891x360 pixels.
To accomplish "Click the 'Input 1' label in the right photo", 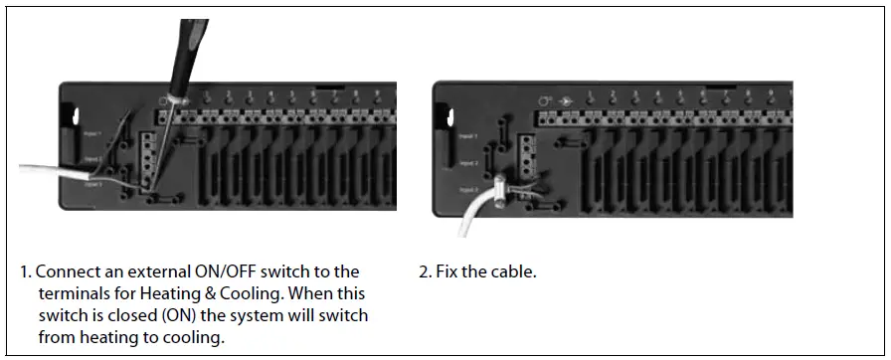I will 468,135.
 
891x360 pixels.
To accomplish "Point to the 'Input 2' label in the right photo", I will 468,162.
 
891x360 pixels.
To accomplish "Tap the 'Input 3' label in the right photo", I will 468,188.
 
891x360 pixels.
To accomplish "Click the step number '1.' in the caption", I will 26,271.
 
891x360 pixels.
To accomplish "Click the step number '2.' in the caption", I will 426,271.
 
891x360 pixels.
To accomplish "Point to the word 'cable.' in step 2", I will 515,271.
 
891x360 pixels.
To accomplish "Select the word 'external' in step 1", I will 151,271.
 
